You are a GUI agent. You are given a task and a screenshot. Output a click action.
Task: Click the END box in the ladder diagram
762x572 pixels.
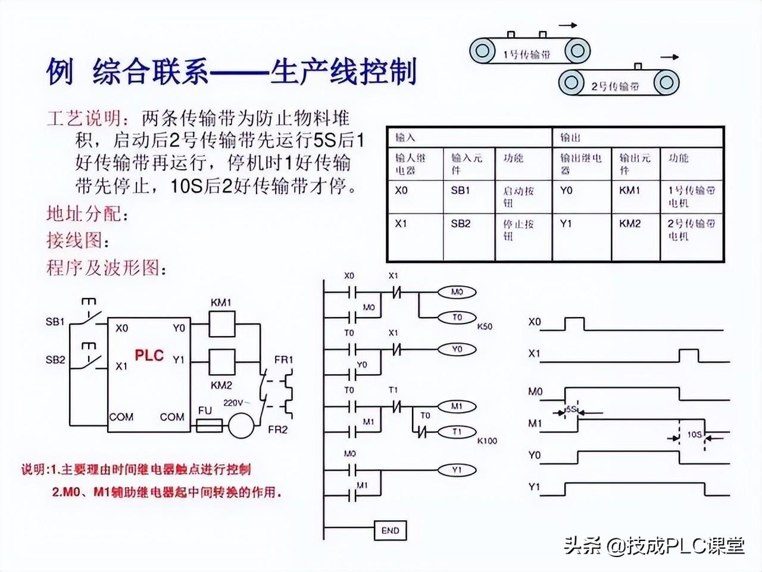click(390, 530)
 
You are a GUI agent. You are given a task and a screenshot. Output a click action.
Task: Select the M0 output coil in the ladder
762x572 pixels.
click(457, 292)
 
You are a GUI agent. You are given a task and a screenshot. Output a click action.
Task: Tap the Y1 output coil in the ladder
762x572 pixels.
click(457, 470)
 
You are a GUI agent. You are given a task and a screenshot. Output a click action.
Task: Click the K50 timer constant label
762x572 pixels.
click(485, 327)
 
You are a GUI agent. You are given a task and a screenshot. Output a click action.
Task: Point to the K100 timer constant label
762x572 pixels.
click(486, 441)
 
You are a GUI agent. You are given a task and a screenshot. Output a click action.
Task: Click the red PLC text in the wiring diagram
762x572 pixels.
click(149, 355)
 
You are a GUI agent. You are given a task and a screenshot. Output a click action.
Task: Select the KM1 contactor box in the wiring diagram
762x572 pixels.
click(222, 327)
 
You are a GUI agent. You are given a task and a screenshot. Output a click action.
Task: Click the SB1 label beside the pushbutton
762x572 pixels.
click(55, 322)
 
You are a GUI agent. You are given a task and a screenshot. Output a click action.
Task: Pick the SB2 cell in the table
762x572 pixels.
click(460, 223)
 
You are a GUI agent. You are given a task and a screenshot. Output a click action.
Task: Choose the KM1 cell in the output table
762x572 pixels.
click(630, 191)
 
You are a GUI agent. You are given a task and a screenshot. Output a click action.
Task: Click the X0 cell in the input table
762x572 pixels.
click(402, 191)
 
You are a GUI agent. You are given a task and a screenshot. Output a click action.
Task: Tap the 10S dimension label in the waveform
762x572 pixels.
click(694, 434)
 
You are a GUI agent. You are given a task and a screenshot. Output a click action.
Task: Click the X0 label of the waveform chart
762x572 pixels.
click(535, 322)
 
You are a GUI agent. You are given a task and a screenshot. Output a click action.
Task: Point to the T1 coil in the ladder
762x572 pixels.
click(457, 431)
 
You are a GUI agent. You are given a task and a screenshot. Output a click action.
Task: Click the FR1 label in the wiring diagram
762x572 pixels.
click(284, 360)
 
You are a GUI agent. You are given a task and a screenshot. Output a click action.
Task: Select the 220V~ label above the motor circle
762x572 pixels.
click(236, 403)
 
